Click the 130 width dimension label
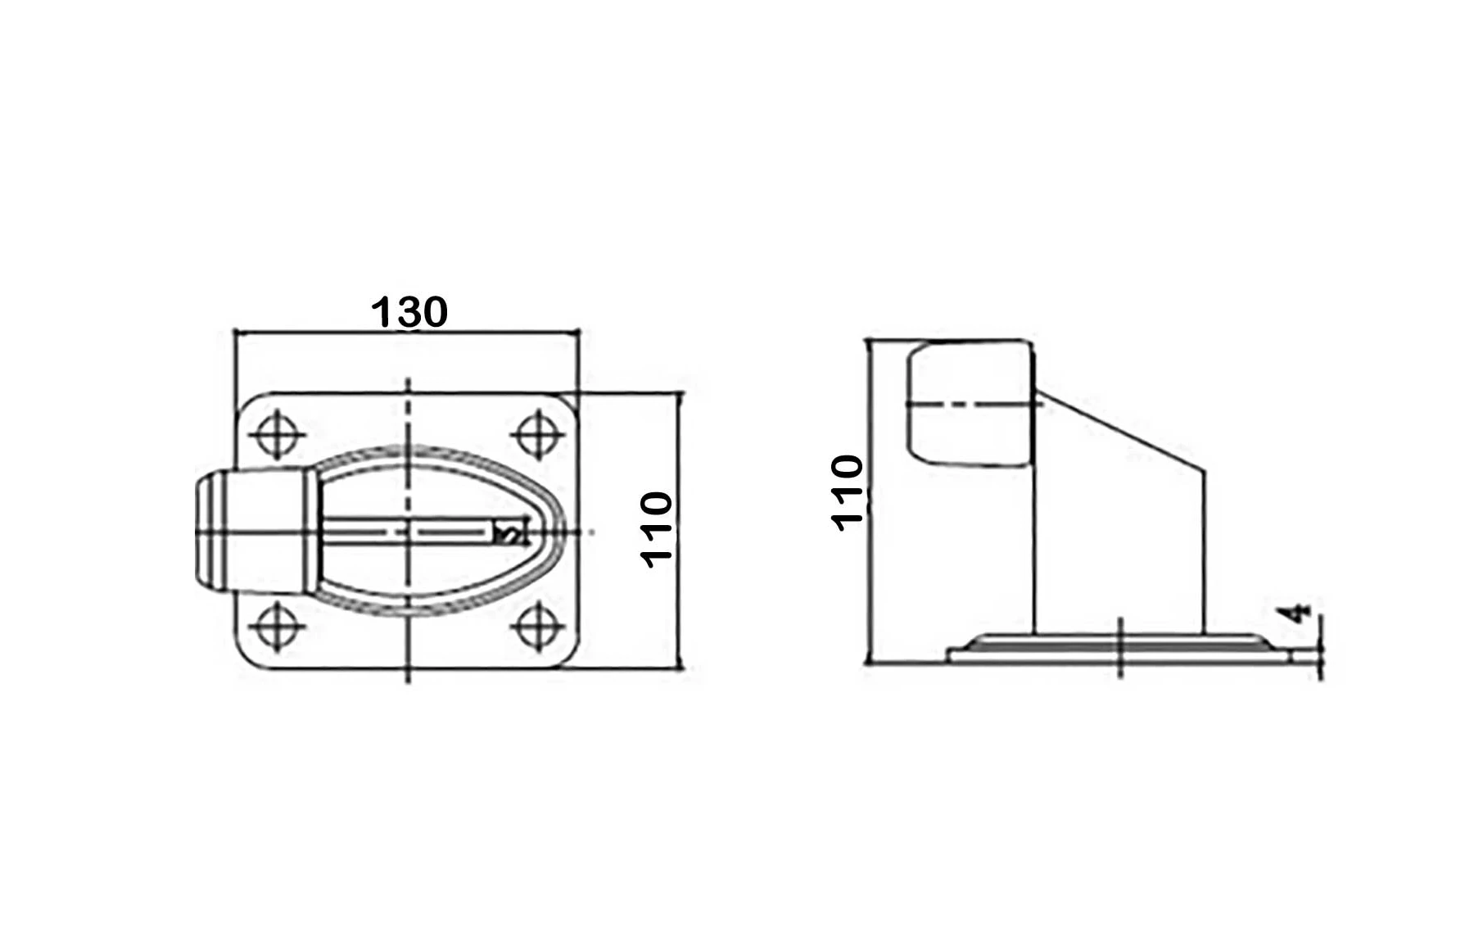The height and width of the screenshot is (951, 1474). [x=409, y=312]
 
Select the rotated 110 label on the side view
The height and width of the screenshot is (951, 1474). [x=848, y=493]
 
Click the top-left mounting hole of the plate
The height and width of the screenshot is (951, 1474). [x=277, y=434]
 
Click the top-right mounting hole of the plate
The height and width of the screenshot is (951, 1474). [x=537, y=434]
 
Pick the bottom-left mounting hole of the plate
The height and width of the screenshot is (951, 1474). [x=277, y=627]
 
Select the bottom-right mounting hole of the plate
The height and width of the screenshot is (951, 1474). [x=537, y=627]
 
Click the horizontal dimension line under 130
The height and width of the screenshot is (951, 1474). [x=406, y=333]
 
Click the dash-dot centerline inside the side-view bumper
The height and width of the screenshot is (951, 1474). [x=970, y=403]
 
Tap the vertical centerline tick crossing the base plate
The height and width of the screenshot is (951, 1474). [x=1120, y=647]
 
